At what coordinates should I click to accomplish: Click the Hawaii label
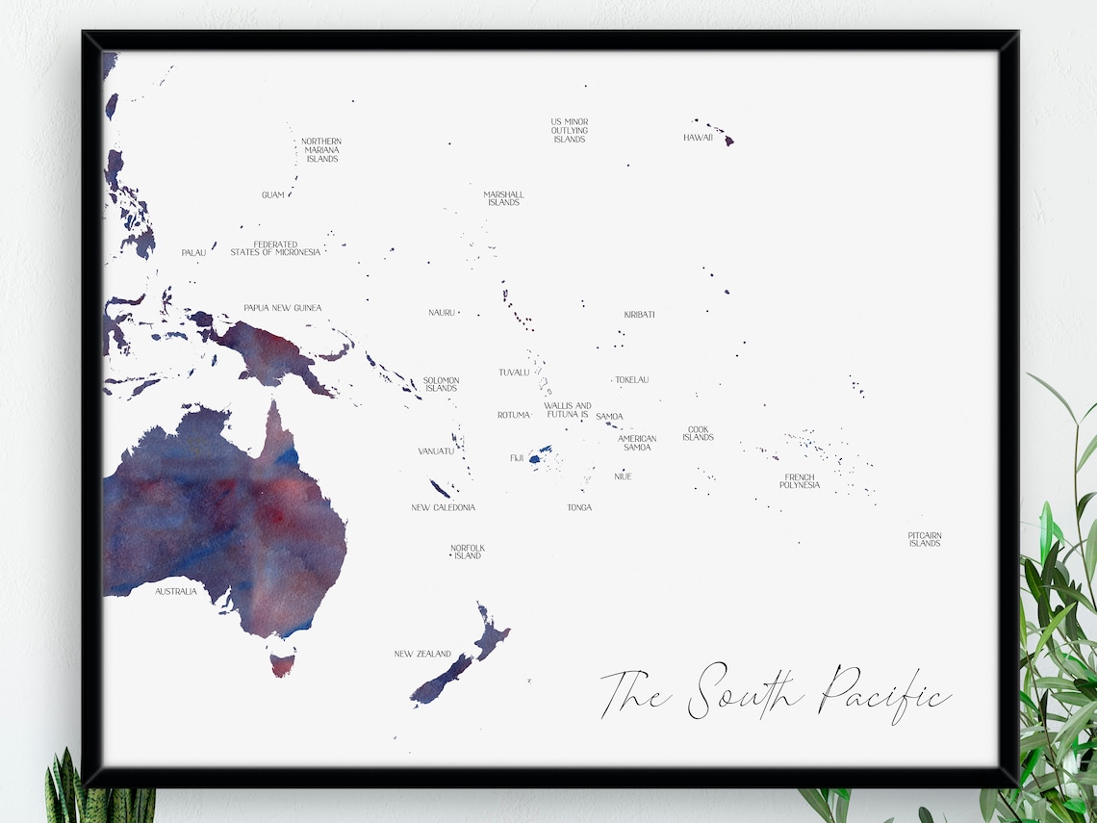tap(698, 138)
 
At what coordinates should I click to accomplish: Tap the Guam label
tap(272, 195)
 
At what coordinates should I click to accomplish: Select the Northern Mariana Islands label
tap(321, 150)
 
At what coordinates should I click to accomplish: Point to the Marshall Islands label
tap(503, 198)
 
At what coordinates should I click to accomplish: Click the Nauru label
tap(442, 313)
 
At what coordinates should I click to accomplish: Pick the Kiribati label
tap(639, 315)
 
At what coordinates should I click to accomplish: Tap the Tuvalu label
tap(514, 373)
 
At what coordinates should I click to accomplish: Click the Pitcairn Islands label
tap(924, 539)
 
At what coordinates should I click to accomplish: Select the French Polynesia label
tap(800, 481)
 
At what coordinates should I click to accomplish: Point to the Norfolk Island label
tap(467, 552)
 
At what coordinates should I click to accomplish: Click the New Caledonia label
tap(443, 507)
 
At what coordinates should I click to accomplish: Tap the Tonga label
tap(579, 507)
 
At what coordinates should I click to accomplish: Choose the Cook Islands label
tap(698, 434)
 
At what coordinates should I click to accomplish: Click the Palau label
tap(193, 253)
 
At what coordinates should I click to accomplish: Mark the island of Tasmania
tap(281, 663)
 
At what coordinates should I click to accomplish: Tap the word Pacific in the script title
tap(885, 692)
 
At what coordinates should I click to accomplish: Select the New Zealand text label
tap(422, 655)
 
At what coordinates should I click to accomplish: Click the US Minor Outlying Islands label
tap(569, 131)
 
